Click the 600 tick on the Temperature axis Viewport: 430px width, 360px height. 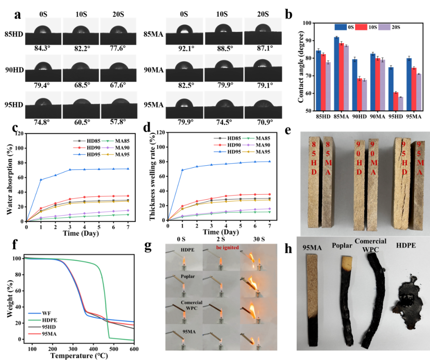point(134,349)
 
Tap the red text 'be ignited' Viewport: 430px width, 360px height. point(228,247)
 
